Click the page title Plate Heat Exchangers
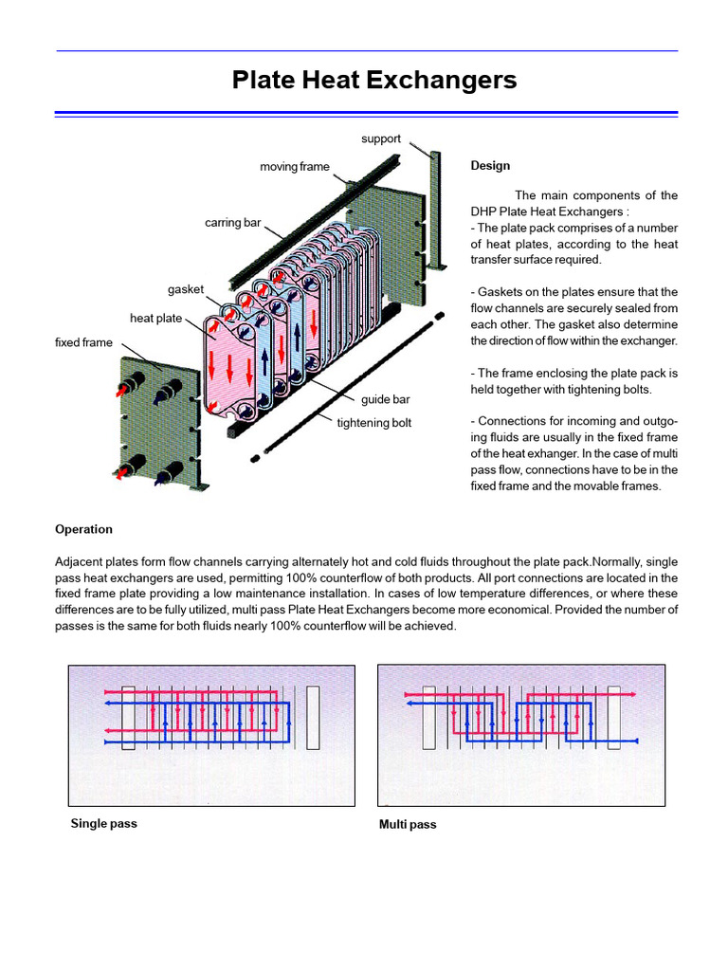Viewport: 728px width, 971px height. [x=374, y=81]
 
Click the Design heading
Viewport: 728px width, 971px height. [x=490, y=166]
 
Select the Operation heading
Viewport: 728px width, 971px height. [x=83, y=529]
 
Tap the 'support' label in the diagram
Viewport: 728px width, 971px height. [x=381, y=138]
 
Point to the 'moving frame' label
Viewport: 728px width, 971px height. [x=295, y=167]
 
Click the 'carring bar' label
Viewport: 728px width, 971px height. [x=232, y=223]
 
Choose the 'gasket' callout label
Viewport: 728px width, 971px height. [x=186, y=288]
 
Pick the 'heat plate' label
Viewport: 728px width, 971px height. [x=156, y=319]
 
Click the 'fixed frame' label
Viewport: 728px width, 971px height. [x=83, y=342]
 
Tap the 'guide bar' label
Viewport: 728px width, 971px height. [x=385, y=399]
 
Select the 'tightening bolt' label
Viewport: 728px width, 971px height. [x=374, y=423]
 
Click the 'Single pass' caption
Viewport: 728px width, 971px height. [x=103, y=823]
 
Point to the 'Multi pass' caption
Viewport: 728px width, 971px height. [x=408, y=824]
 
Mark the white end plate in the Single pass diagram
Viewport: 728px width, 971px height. [x=313, y=718]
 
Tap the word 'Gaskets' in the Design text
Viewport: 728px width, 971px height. [x=501, y=292]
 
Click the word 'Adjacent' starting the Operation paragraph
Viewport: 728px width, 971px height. [x=79, y=561]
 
